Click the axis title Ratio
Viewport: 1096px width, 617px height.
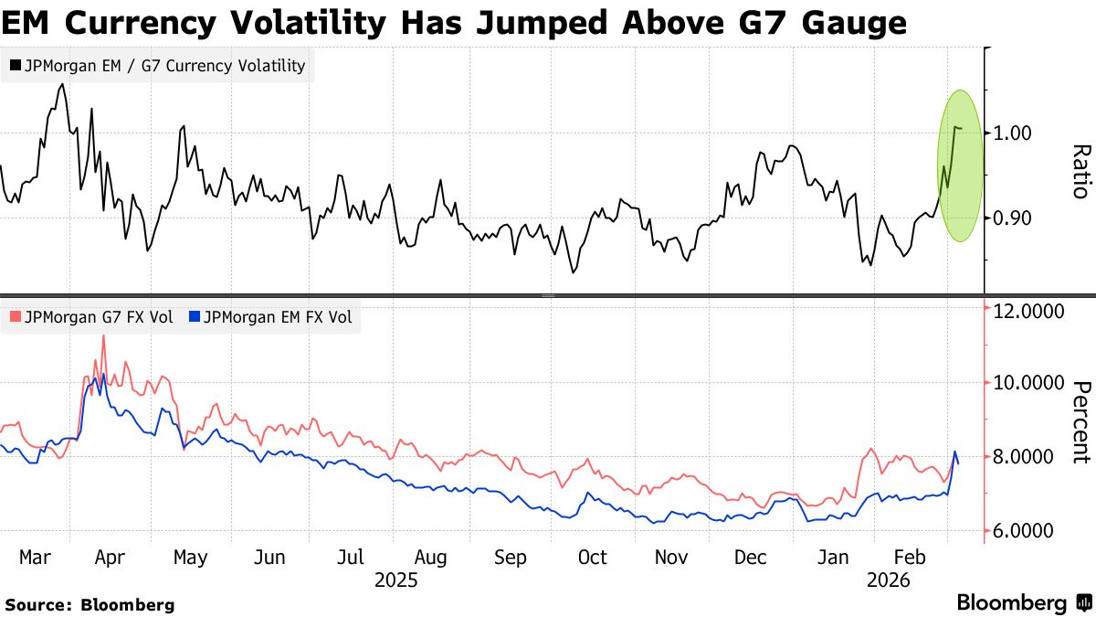pyautogui.click(x=1080, y=172)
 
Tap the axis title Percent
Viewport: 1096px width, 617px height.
pyautogui.click(x=1080, y=422)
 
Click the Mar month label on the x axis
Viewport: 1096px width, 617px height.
pyautogui.click(x=35, y=558)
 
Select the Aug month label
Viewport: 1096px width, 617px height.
pyautogui.click(x=430, y=558)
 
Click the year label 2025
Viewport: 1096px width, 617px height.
pyautogui.click(x=396, y=580)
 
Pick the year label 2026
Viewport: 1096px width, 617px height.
pyautogui.click(x=888, y=580)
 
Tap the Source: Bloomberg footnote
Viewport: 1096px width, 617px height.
pyautogui.click(x=90, y=604)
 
